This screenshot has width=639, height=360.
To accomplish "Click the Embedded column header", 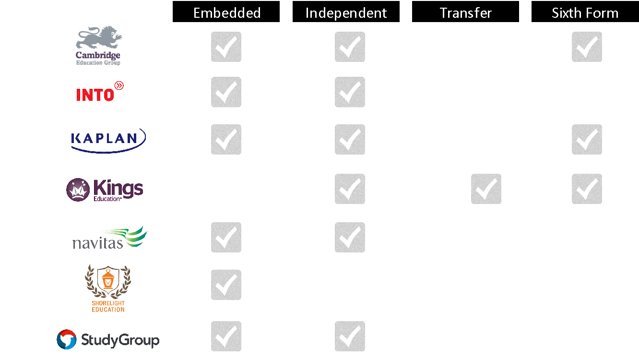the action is coord(226,12).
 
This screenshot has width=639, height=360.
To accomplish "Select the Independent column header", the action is coord(346,12).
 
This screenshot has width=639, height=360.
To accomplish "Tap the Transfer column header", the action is coord(465,12).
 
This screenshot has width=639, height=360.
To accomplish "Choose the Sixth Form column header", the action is coord(585,12).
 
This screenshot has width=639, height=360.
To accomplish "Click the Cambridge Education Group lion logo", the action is coord(98,46).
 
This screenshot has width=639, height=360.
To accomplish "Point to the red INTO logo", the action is coord(100,91).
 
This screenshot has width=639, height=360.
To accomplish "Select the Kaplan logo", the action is coord(108,141).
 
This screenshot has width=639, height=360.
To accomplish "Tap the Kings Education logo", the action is coord(105,190).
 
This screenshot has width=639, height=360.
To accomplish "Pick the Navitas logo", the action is coord(110,238).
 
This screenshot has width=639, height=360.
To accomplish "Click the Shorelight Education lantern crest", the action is coord(108,288).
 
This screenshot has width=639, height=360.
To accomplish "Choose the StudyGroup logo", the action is coord(108,339).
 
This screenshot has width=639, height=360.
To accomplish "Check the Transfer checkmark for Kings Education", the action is coord(486,189).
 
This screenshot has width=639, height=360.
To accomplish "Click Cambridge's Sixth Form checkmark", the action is coord(587,47).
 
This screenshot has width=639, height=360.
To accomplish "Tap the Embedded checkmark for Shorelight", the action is coord(226,285).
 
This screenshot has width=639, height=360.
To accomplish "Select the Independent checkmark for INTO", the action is coord(350,92).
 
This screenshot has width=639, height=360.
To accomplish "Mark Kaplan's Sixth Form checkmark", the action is coord(587,139).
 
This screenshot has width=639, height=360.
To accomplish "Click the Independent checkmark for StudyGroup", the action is coord(350,336).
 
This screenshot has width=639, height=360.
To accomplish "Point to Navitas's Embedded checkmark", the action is coord(226,237).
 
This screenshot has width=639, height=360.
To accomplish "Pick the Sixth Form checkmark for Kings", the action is coord(587,189).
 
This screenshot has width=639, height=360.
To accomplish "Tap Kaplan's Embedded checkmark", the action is coord(226,139).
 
